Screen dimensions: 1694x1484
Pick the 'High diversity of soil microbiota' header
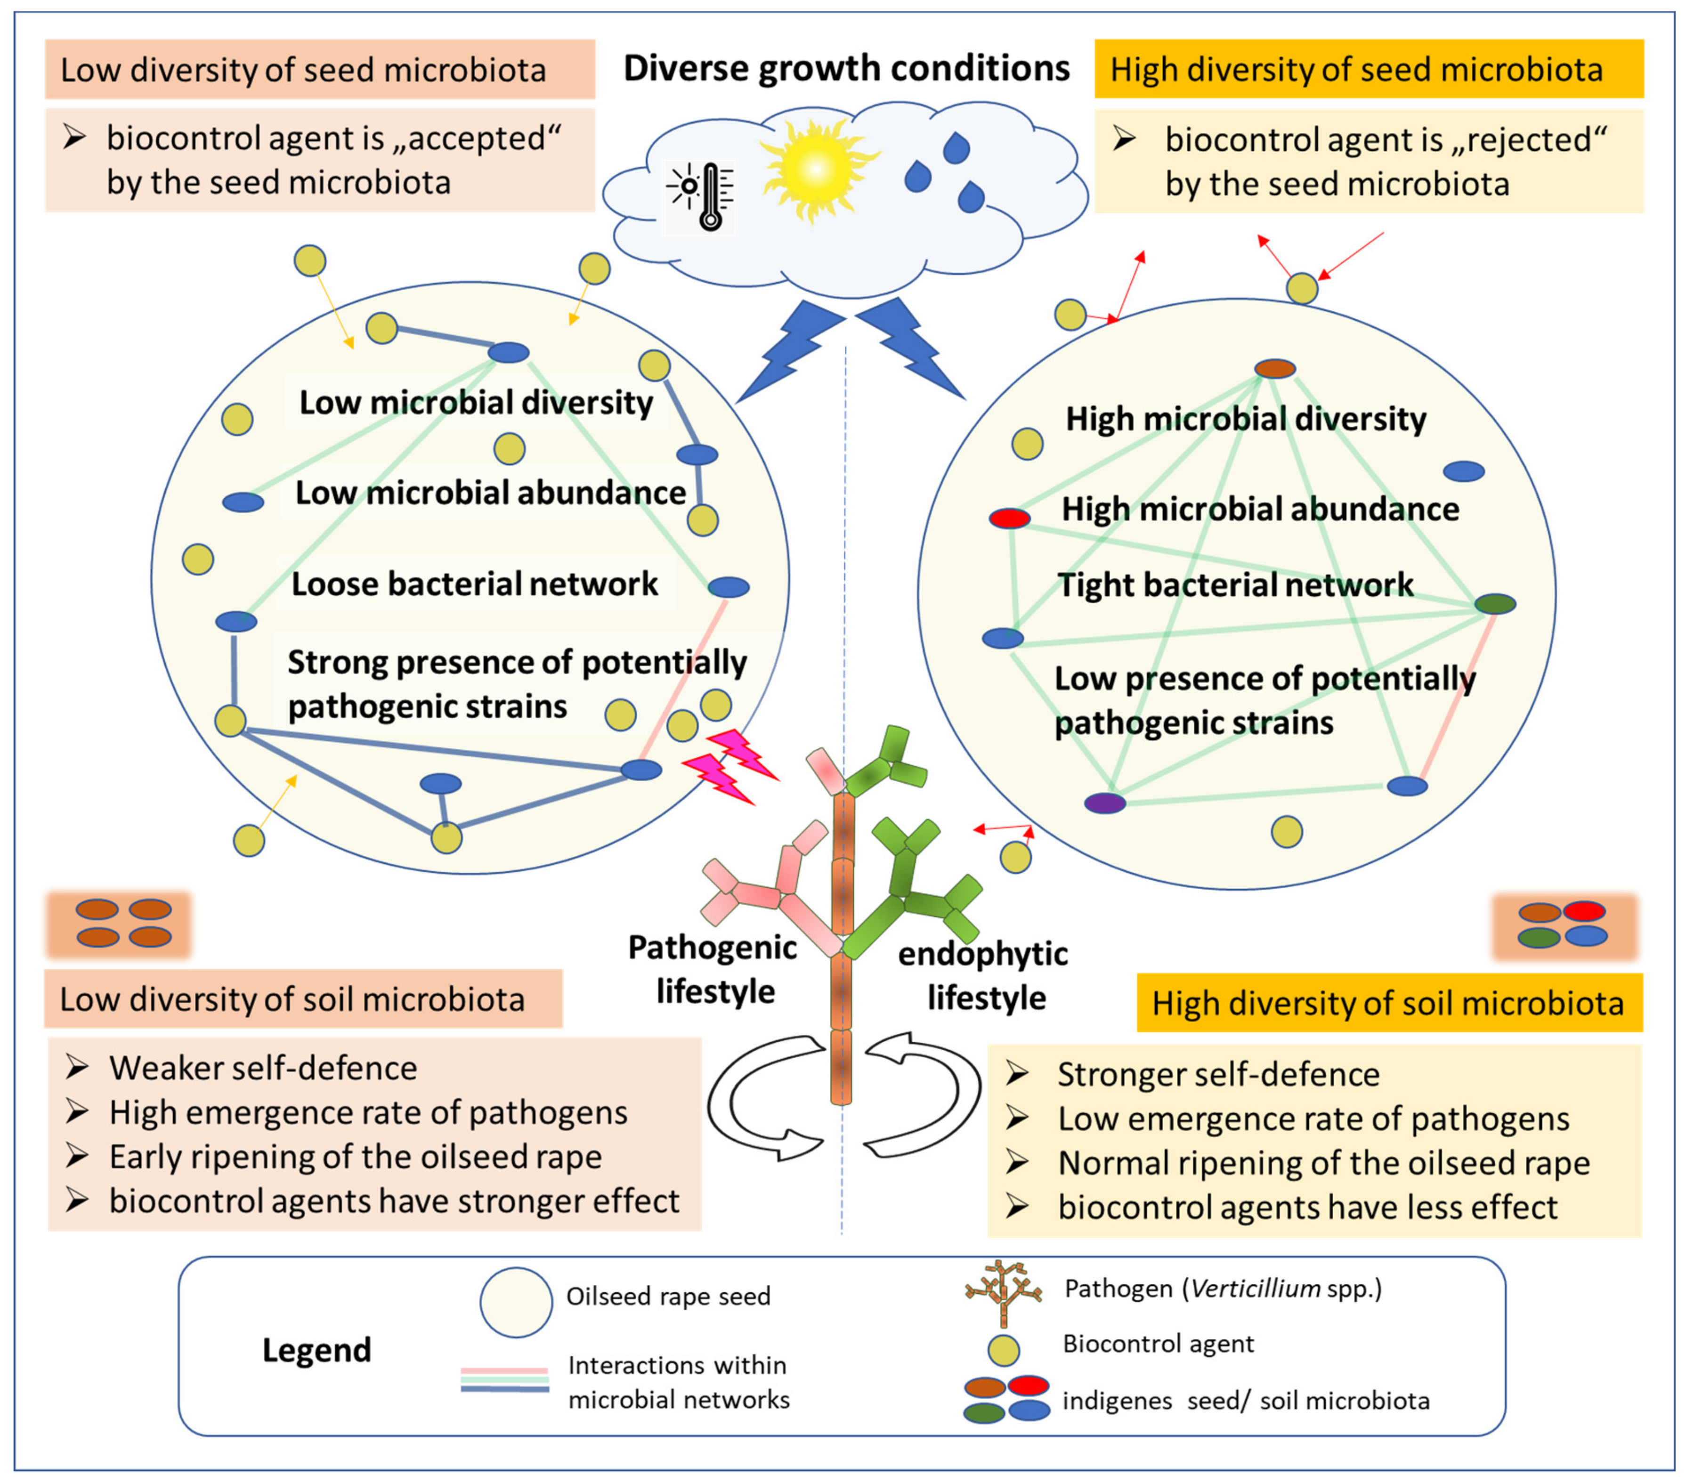point(1388,1003)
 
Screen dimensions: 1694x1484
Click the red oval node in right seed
point(1010,519)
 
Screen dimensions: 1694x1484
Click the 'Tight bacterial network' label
point(1235,584)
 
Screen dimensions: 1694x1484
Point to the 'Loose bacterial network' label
point(474,584)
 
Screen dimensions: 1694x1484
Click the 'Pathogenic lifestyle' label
point(713,969)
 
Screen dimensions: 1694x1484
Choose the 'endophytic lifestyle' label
point(984,975)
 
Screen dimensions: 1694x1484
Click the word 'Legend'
point(317,1350)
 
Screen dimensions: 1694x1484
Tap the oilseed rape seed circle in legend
point(516,1303)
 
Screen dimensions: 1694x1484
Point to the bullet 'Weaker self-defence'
point(242,1068)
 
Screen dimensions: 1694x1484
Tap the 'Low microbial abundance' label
point(490,493)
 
